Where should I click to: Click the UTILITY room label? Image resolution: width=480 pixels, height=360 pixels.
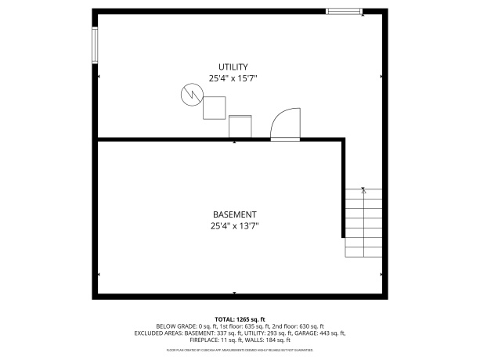(x=233, y=67)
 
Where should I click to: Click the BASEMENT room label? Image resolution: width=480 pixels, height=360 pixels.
(x=234, y=214)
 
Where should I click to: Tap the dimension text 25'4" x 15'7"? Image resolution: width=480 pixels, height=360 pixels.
(x=233, y=78)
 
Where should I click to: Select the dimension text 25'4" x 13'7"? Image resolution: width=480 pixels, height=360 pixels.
(x=234, y=226)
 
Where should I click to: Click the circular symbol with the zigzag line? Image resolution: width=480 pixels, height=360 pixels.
(x=190, y=95)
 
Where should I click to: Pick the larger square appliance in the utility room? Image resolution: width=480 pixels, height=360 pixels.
(x=215, y=107)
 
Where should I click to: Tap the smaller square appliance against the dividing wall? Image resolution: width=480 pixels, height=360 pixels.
(x=240, y=126)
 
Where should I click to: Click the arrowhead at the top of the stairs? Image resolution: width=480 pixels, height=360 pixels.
(x=364, y=189)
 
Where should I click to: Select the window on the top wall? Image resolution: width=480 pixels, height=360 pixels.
(x=344, y=11)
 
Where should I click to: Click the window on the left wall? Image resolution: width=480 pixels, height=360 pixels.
(x=96, y=45)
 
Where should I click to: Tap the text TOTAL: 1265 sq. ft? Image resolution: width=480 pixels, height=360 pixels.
(x=240, y=319)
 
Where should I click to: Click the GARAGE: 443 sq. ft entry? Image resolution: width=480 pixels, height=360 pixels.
(x=327, y=333)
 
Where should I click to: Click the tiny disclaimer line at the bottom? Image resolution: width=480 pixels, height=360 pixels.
(x=240, y=349)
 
